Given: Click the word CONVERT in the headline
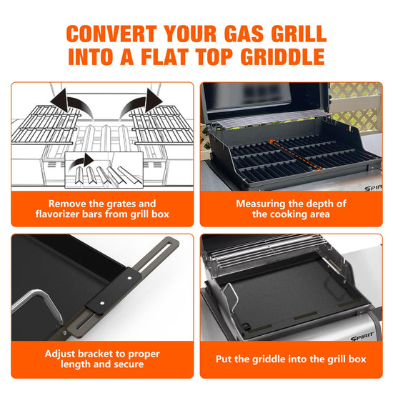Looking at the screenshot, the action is [x=111, y=34].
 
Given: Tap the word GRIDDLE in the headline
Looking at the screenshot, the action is [x=283, y=56].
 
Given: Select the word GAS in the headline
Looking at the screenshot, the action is [x=244, y=34].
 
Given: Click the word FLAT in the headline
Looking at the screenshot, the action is [x=164, y=56].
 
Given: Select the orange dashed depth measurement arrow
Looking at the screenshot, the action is [x=295, y=155].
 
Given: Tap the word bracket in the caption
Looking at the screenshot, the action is [x=96, y=354].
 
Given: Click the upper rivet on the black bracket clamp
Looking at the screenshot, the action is [x=129, y=278].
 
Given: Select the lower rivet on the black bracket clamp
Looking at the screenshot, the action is [x=102, y=303].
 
